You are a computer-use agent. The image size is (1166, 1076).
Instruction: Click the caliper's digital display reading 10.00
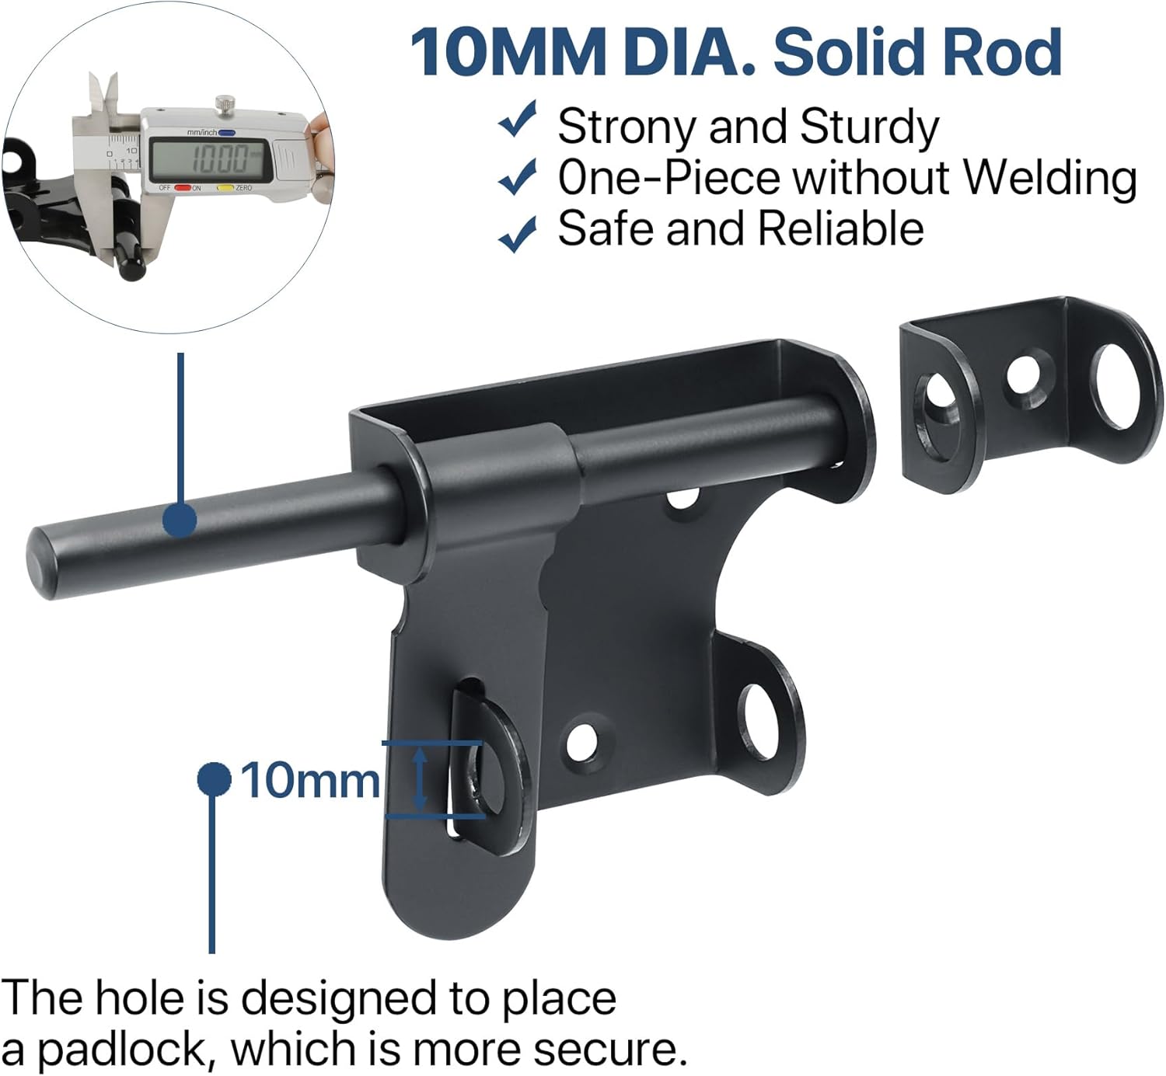click(x=208, y=158)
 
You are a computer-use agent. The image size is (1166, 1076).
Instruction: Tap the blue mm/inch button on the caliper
click(x=227, y=133)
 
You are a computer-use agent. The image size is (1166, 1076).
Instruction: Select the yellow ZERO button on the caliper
click(x=226, y=188)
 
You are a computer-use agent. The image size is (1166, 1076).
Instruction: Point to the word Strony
click(x=627, y=127)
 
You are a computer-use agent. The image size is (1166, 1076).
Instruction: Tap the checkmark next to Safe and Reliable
click(x=517, y=234)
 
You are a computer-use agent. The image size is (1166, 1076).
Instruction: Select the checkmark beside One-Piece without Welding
click(x=517, y=176)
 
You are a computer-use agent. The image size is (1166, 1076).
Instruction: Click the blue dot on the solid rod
click(x=179, y=520)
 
